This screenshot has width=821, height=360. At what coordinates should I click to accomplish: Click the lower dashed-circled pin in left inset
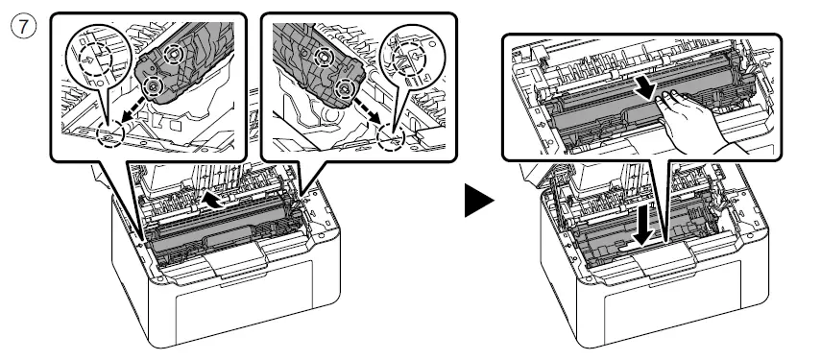coord(151,87)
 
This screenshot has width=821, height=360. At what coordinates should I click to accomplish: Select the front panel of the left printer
coord(230,307)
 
